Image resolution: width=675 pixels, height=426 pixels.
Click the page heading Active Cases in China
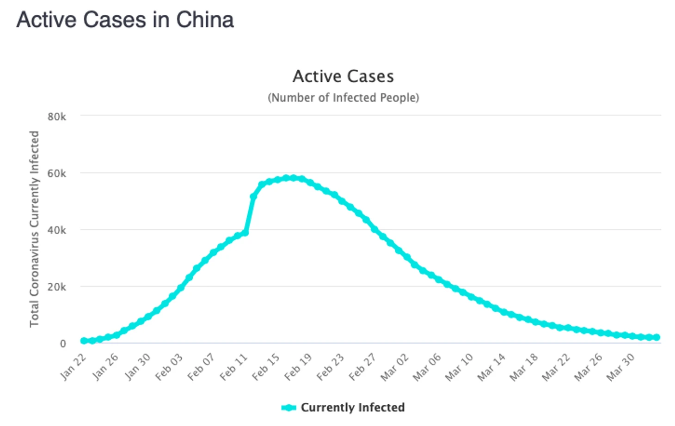(125, 20)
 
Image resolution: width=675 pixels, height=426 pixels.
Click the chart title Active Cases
(343, 76)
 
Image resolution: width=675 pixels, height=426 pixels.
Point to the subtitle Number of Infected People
(343, 98)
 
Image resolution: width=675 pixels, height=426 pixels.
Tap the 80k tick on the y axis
(56, 117)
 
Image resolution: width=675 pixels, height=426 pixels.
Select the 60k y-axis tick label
(56, 174)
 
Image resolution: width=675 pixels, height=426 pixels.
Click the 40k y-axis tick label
(56, 231)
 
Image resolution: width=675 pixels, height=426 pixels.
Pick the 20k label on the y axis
(56, 287)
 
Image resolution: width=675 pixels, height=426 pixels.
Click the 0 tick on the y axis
(63, 344)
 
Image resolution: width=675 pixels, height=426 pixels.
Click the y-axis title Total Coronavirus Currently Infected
(34, 229)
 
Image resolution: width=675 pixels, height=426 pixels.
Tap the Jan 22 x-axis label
(74, 366)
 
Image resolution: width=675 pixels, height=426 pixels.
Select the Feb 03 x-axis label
(169, 367)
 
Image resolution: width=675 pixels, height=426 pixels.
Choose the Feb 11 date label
(234, 367)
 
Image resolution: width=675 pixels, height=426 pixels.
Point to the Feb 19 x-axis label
(298, 367)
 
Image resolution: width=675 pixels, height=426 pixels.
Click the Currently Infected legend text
(352, 408)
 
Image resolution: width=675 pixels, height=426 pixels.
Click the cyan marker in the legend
(288, 408)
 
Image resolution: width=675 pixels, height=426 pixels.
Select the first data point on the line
(84, 341)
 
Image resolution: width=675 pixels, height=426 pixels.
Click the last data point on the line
(657, 337)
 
